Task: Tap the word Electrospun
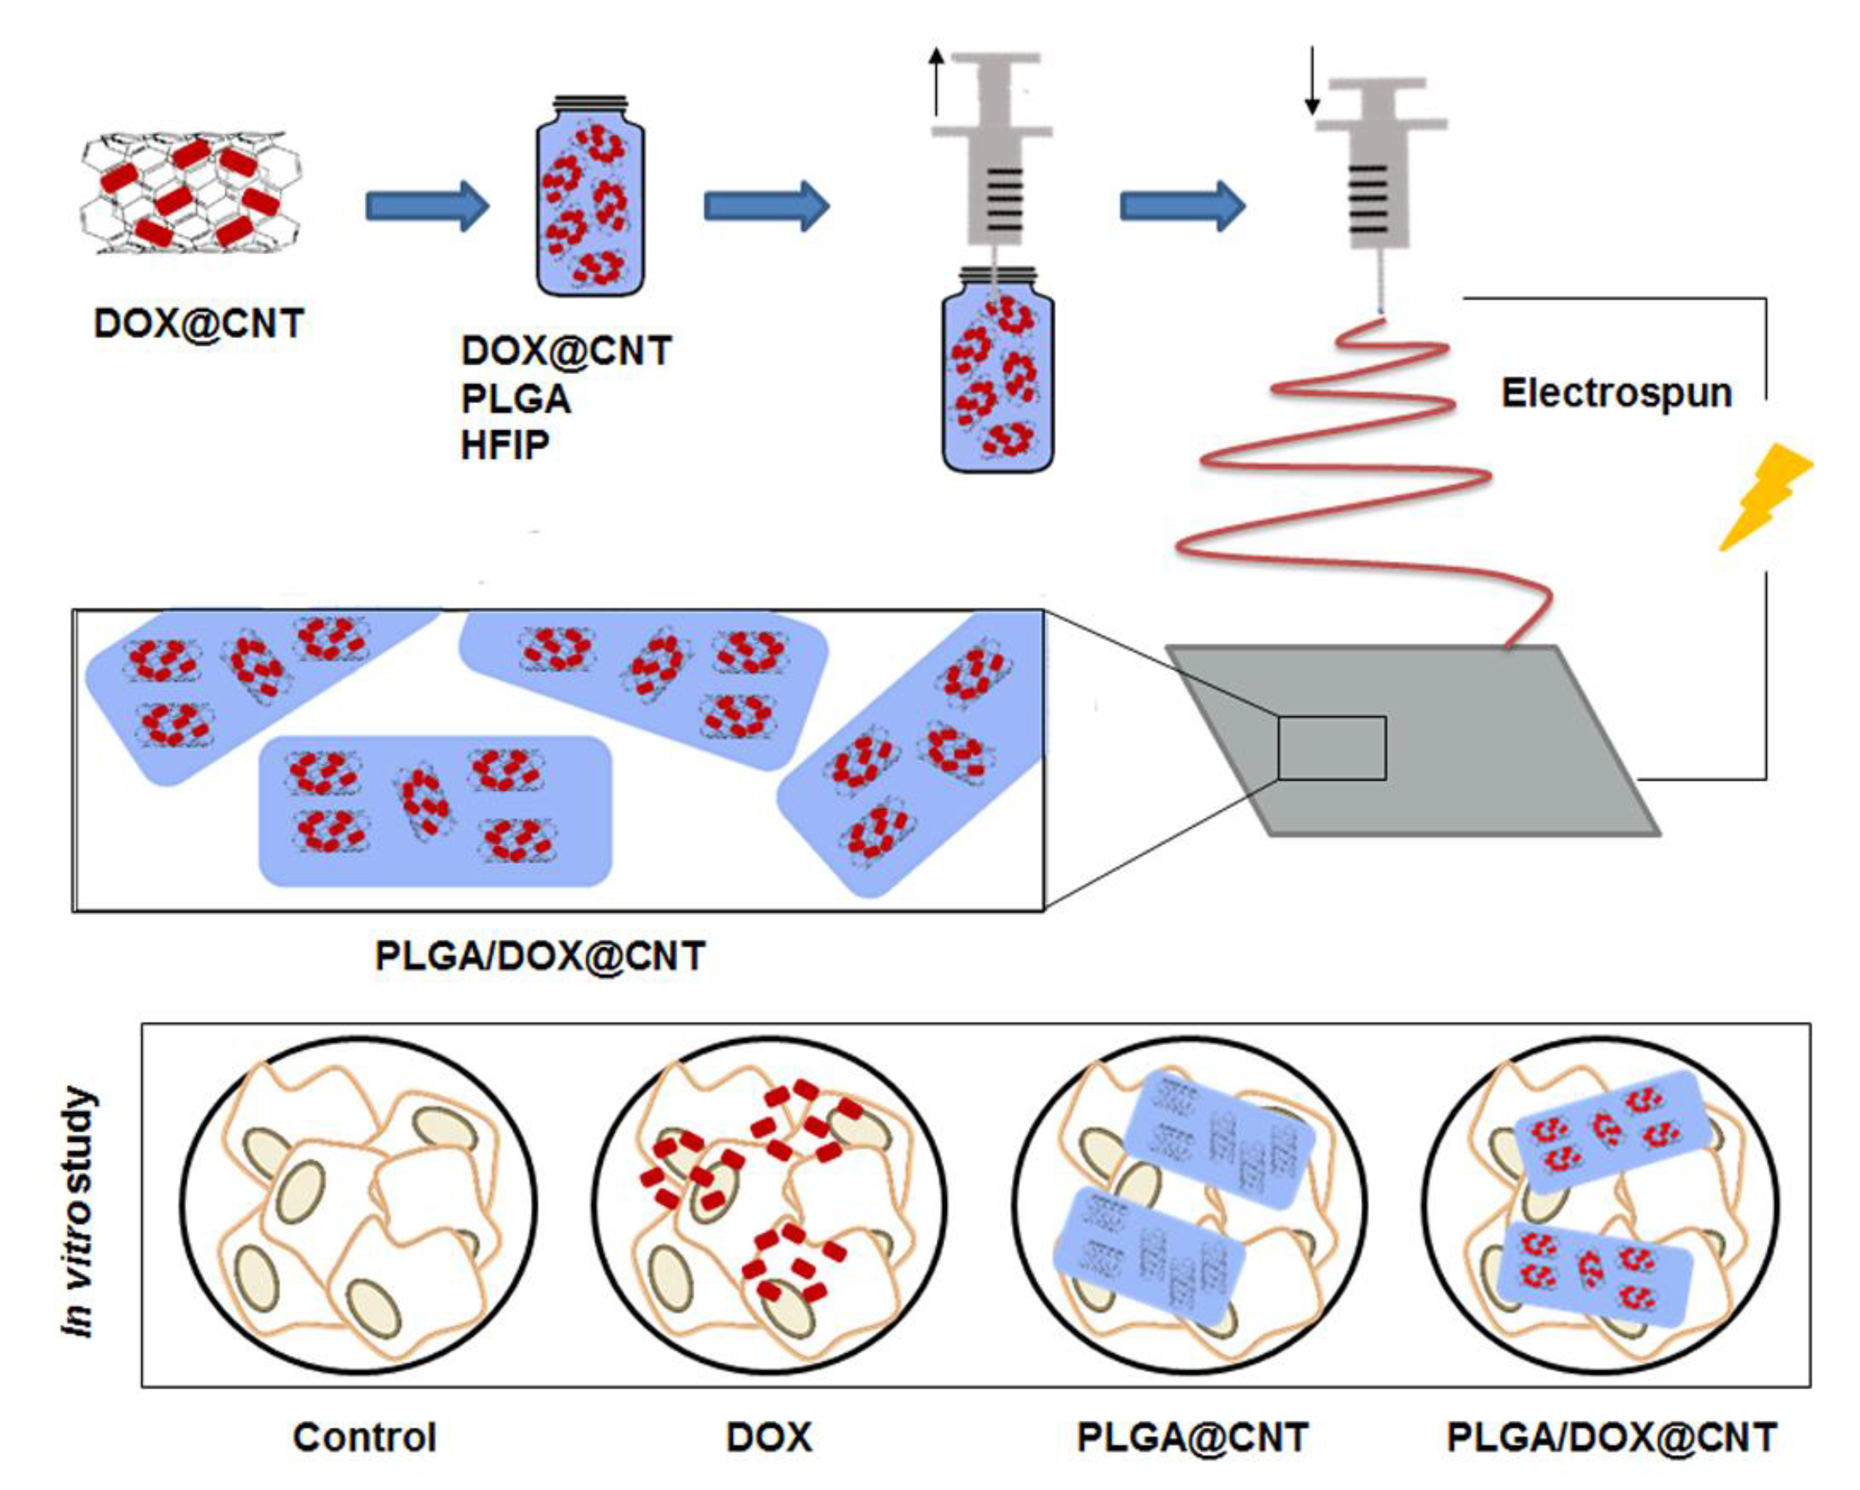(x=1616, y=393)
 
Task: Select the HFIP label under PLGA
(x=505, y=446)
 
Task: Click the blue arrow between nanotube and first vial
(x=427, y=206)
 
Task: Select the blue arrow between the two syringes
(x=1182, y=206)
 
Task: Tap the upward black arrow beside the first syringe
(x=936, y=82)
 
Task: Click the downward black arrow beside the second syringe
(x=1311, y=82)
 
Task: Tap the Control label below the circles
(x=364, y=1438)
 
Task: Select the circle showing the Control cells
(x=358, y=1204)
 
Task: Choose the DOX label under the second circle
(x=769, y=1438)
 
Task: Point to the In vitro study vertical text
(x=79, y=1212)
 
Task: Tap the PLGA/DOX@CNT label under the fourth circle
(x=1612, y=1438)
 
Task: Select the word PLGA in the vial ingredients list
(x=516, y=399)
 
